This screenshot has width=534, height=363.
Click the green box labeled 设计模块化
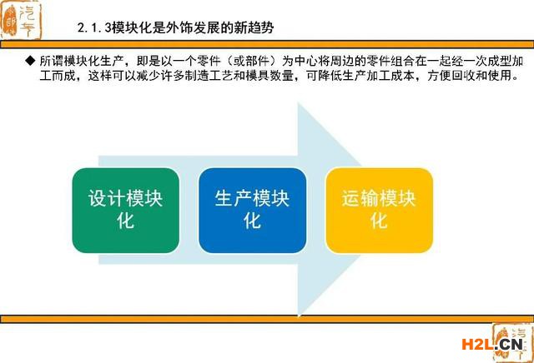(x=126, y=211)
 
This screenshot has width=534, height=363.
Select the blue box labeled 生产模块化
(x=252, y=211)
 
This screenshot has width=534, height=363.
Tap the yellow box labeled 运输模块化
(x=379, y=211)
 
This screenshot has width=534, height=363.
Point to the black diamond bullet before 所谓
(x=30, y=61)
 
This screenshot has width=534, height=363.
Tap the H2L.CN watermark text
(x=491, y=345)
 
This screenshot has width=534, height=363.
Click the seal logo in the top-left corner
(x=21, y=20)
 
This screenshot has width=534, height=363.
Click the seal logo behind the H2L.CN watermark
(x=512, y=343)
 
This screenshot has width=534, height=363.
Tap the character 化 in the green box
(x=125, y=221)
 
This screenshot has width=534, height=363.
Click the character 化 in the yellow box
(x=379, y=221)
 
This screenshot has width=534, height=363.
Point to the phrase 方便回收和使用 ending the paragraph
(x=469, y=75)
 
